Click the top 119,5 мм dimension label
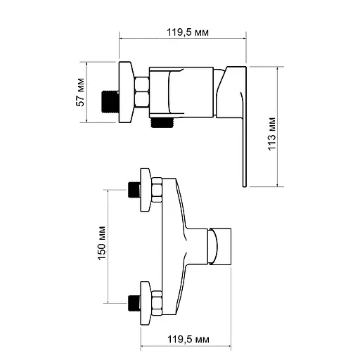tap(188, 32)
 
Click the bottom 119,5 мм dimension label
tap(188, 340)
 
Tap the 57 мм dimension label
tap(80, 92)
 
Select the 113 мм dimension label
tap(272, 134)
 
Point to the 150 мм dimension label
tap(102, 243)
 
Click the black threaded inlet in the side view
tap(110, 102)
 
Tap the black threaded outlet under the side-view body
tap(162, 122)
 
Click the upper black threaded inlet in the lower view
tap(134, 190)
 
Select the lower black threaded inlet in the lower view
tap(134, 303)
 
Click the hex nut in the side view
tap(142, 92)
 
